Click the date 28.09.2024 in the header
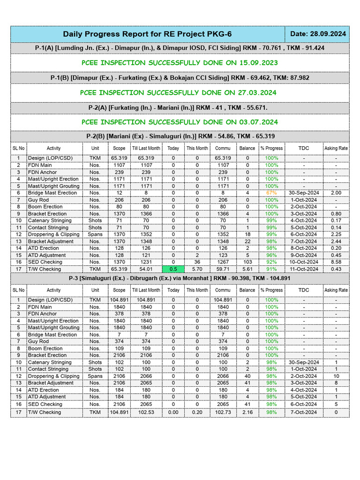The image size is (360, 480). click(318, 34)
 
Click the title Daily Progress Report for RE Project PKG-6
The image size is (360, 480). click(147, 34)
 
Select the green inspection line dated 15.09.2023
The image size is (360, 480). click(180, 63)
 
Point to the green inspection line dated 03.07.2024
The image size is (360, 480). click(180, 122)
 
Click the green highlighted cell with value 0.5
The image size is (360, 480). click(173, 269)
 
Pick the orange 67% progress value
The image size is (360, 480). click(271, 193)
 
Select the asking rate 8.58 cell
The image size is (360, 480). click(336, 262)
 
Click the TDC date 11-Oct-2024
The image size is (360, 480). click(304, 269)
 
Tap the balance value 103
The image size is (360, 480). click(247, 262)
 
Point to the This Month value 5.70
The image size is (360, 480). click(197, 269)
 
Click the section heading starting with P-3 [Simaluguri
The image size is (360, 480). click(180, 278)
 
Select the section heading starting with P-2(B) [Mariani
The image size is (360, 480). click(180, 136)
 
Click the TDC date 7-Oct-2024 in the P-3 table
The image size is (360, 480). click(304, 412)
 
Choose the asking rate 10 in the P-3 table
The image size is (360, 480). click(336, 376)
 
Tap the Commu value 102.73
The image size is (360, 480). click(223, 412)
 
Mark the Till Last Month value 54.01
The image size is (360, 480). click(146, 269)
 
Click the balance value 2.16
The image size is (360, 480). click(247, 412)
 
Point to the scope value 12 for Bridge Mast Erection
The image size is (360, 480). click(118, 193)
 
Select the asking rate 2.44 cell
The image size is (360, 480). click(336, 241)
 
